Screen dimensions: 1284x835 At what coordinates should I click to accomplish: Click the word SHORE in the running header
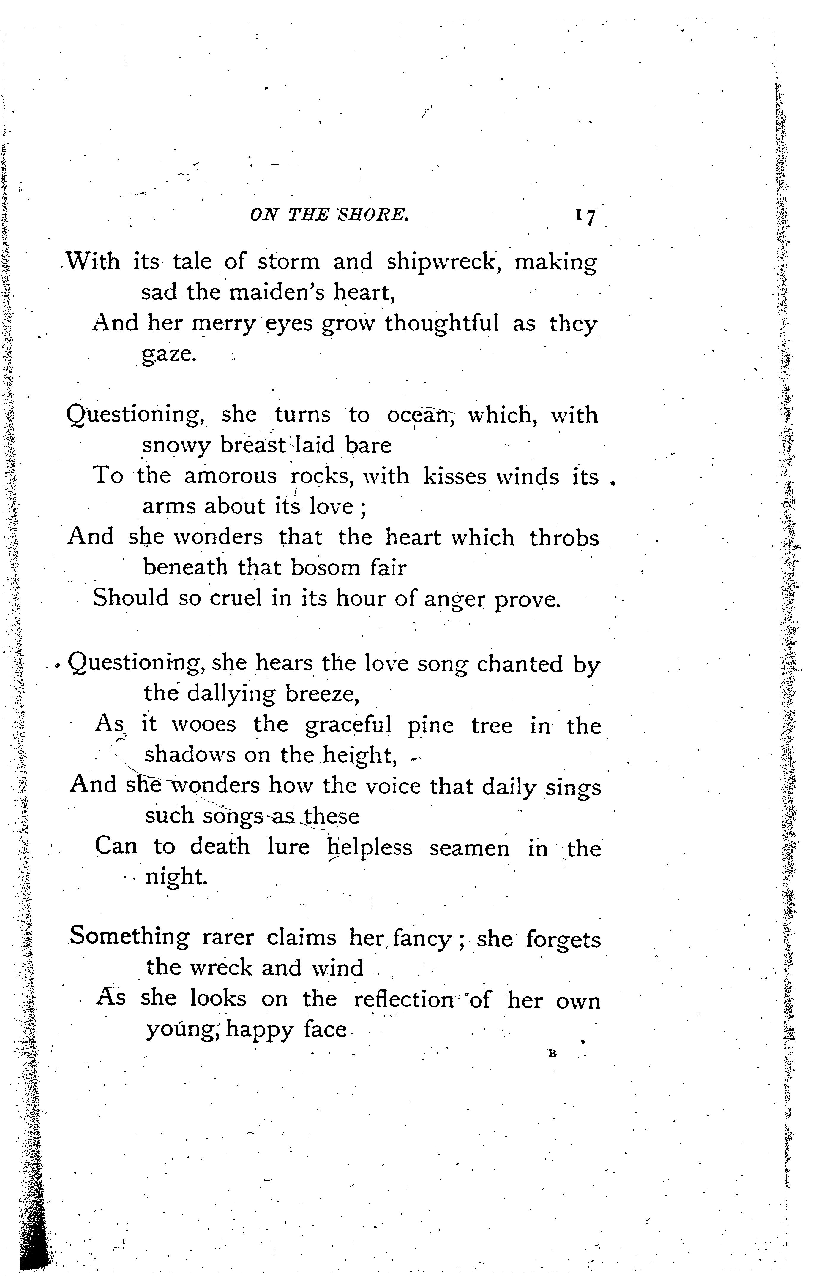372,215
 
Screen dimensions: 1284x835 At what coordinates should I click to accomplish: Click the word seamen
469,848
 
